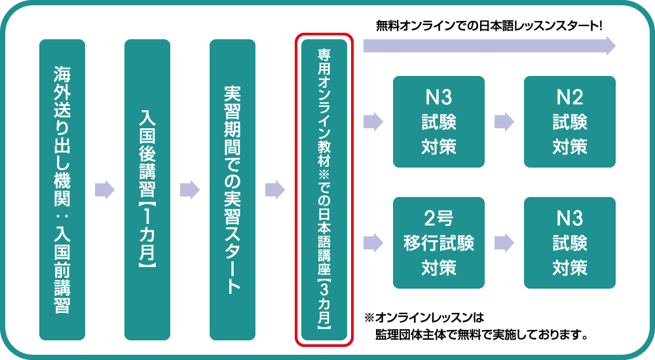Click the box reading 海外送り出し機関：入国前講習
(x=62, y=190)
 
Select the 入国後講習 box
(x=147, y=190)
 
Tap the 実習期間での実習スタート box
(x=233, y=190)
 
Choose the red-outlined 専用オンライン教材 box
(x=325, y=190)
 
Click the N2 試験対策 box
(x=570, y=122)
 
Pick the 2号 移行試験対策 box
(x=439, y=243)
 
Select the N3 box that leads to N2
(x=439, y=122)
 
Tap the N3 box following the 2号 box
(x=570, y=243)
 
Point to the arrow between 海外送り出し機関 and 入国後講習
(x=105, y=190)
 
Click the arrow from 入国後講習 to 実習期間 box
(x=190, y=190)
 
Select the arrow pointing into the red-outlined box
(x=275, y=190)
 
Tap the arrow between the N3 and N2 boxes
(x=504, y=122)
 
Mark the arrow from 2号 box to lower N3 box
(x=504, y=243)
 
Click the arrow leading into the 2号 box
(x=373, y=243)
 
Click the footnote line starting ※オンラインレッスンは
(x=424, y=319)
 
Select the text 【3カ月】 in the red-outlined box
(x=325, y=302)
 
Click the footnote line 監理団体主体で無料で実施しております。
(x=481, y=335)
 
